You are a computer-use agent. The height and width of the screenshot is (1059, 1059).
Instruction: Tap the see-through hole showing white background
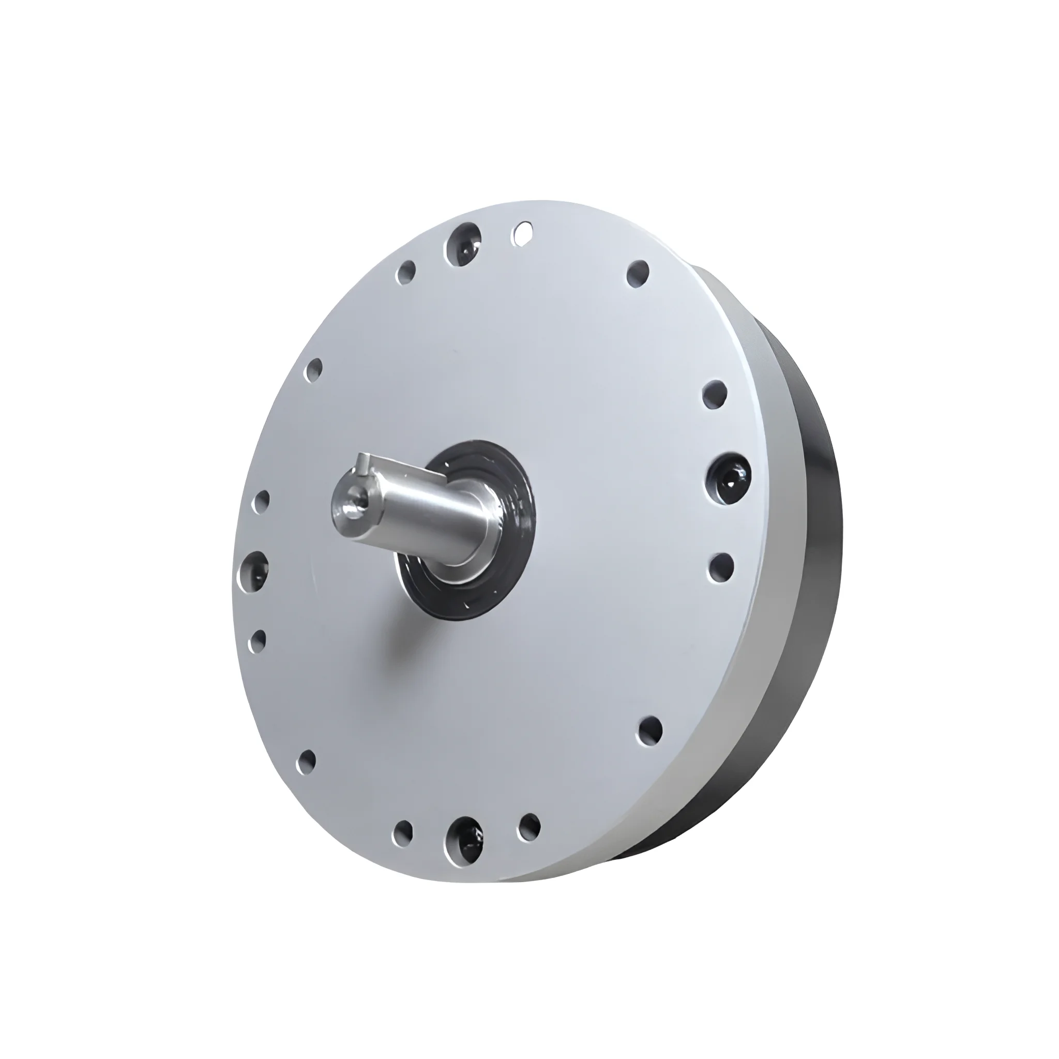pos(522,232)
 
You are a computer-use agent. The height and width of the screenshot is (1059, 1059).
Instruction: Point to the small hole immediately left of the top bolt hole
pos(407,272)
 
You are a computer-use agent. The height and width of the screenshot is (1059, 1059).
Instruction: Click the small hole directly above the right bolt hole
pos(715,394)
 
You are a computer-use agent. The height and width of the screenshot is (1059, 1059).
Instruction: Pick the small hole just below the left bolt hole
pos(258,640)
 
